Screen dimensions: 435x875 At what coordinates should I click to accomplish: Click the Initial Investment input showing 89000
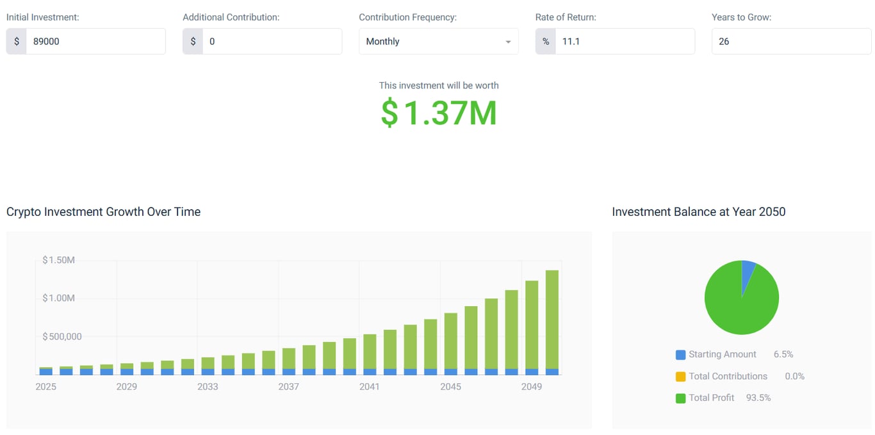pos(95,42)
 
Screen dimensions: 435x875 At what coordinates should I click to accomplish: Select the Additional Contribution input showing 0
pos(272,42)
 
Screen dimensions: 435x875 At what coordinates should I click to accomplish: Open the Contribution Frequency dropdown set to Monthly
pos(438,42)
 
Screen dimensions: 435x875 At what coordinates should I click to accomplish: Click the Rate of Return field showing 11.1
pos(624,42)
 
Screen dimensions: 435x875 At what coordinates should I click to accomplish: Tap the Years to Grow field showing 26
pos(790,42)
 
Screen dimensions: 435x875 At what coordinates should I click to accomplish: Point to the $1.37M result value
pos(439,113)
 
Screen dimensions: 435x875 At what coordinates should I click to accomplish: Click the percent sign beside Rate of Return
pos(546,42)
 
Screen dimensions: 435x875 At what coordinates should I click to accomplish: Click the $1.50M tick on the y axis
pos(59,260)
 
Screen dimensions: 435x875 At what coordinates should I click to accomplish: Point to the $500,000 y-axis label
pos(62,336)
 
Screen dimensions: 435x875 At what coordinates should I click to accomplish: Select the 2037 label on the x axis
pos(289,386)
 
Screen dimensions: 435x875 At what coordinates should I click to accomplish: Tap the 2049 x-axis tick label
pos(532,386)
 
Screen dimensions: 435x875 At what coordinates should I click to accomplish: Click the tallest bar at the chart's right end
pos(552,320)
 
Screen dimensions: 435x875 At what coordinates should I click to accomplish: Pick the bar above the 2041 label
pos(370,352)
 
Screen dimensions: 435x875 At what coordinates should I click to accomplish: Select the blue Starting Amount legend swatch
pos(680,355)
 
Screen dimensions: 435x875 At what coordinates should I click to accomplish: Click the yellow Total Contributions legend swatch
pos(680,377)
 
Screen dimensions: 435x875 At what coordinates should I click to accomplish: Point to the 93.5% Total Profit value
pos(758,398)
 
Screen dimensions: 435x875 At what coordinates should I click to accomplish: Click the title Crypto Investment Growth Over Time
pos(103,212)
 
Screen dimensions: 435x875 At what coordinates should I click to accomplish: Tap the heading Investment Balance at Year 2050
pos(698,212)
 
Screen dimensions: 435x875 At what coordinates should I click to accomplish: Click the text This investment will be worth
pos(439,85)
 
